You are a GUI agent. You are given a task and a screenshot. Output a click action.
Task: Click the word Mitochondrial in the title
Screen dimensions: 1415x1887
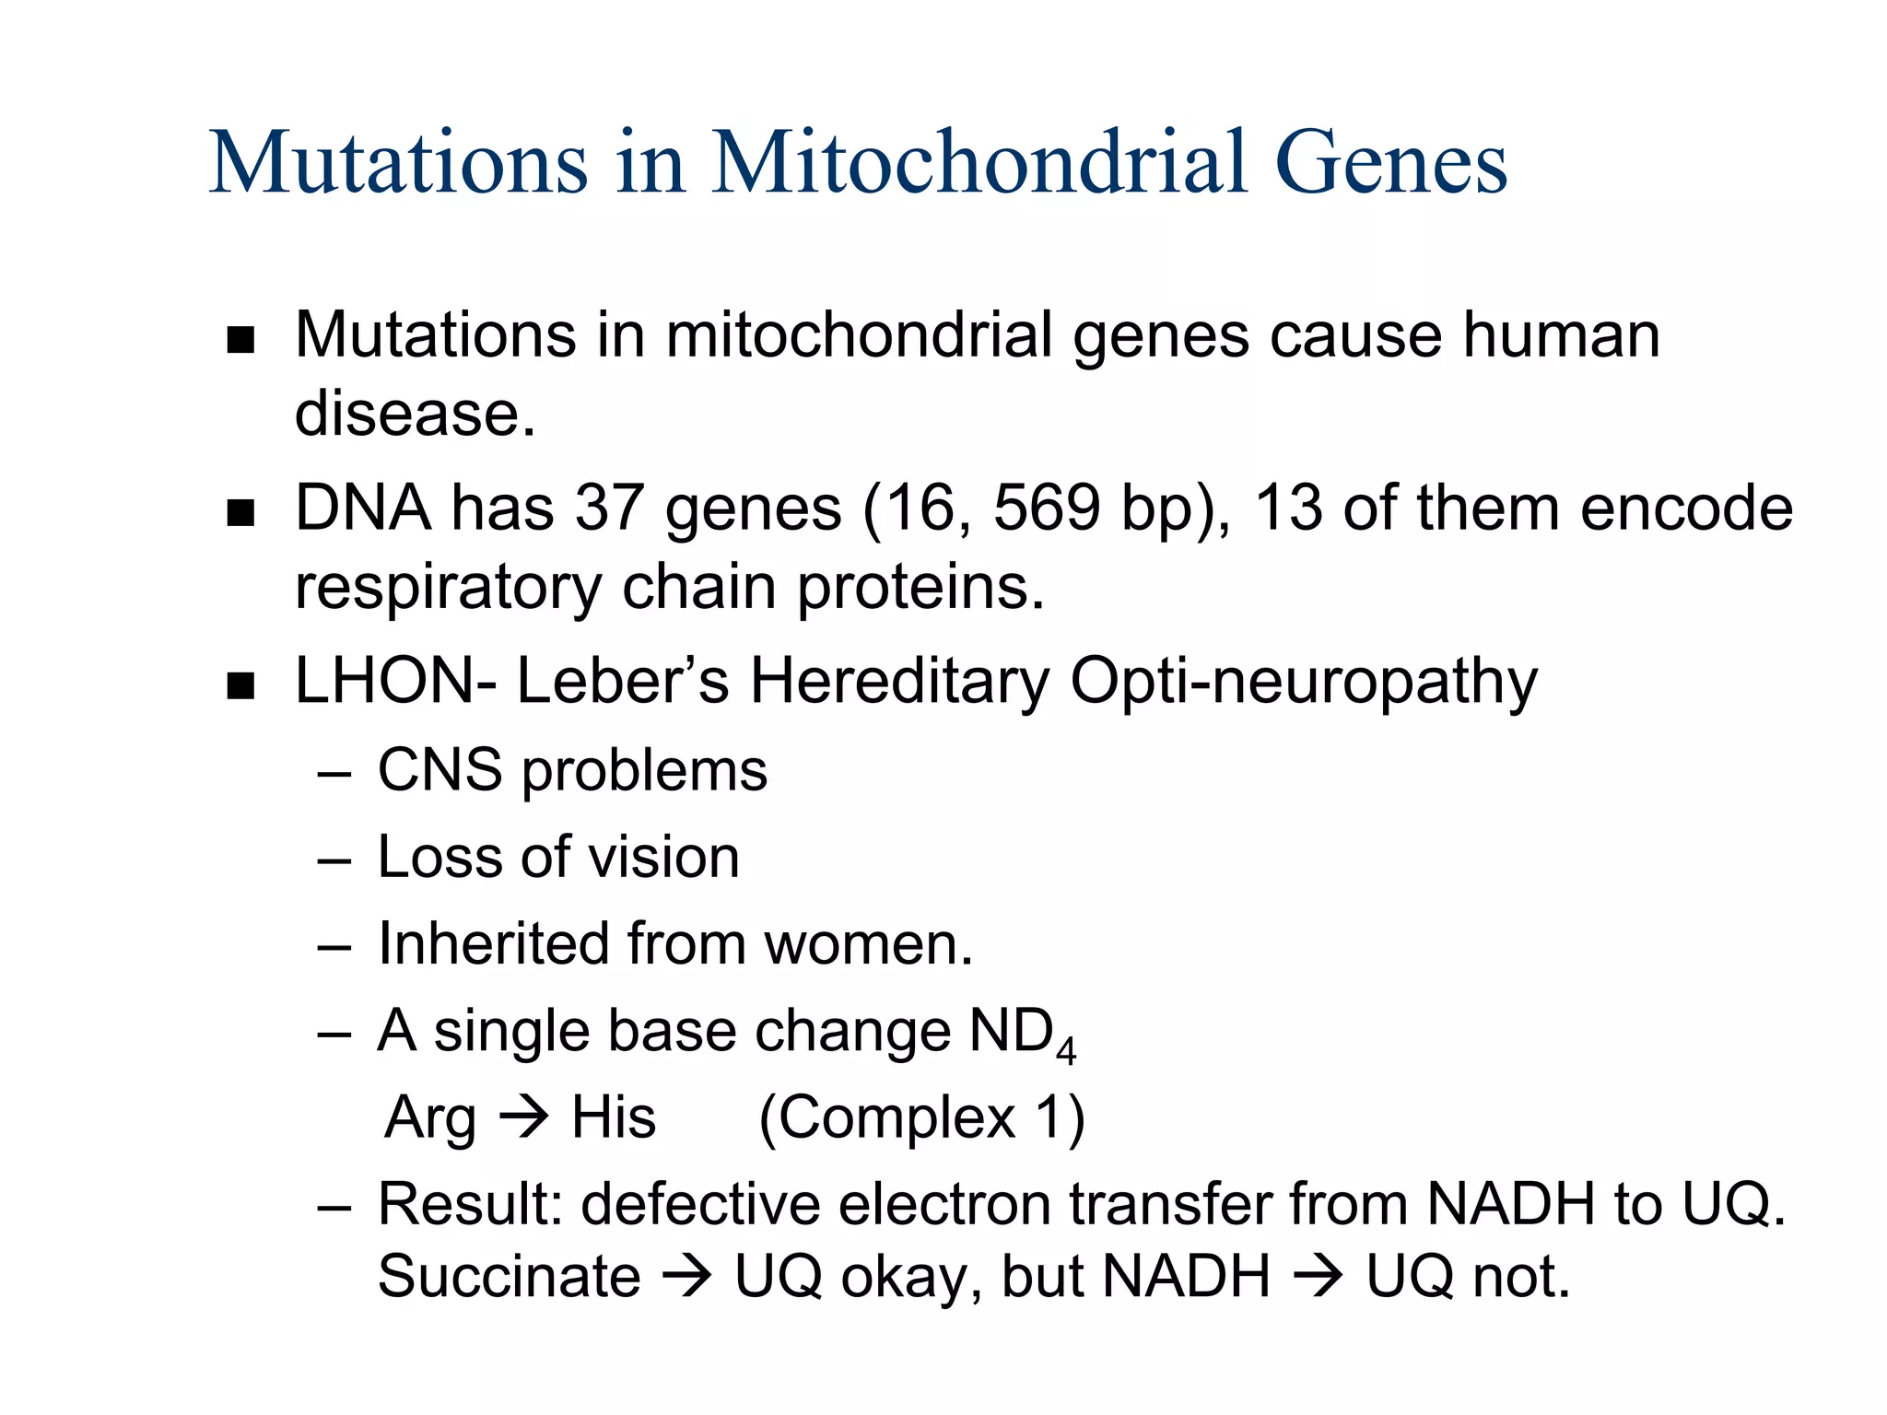click(x=980, y=163)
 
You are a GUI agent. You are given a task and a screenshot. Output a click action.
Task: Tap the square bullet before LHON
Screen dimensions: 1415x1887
click(x=240, y=685)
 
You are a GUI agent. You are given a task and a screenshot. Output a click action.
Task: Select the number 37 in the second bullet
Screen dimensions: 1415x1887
click(x=609, y=509)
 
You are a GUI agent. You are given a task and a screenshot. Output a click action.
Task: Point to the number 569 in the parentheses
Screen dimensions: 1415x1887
click(x=1047, y=509)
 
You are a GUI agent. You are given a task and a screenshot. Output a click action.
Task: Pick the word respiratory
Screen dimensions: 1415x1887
click(x=447, y=588)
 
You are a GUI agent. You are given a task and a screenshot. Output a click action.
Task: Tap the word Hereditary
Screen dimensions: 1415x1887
click(x=899, y=682)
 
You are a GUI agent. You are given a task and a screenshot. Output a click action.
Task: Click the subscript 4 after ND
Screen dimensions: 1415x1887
click(x=1066, y=1051)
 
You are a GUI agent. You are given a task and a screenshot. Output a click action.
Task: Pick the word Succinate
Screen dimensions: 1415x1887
click(x=509, y=1277)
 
